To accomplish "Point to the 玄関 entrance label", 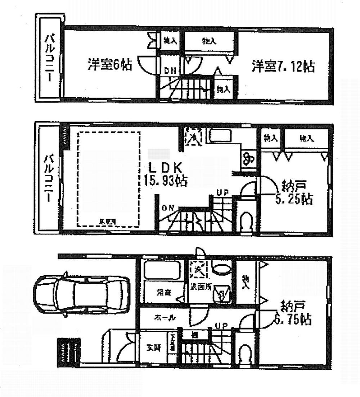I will pos(153,347).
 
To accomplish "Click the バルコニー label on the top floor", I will pos(49,58).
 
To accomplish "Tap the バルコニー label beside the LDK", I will pos(49,178).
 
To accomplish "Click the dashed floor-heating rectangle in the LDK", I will pos(108,179).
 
